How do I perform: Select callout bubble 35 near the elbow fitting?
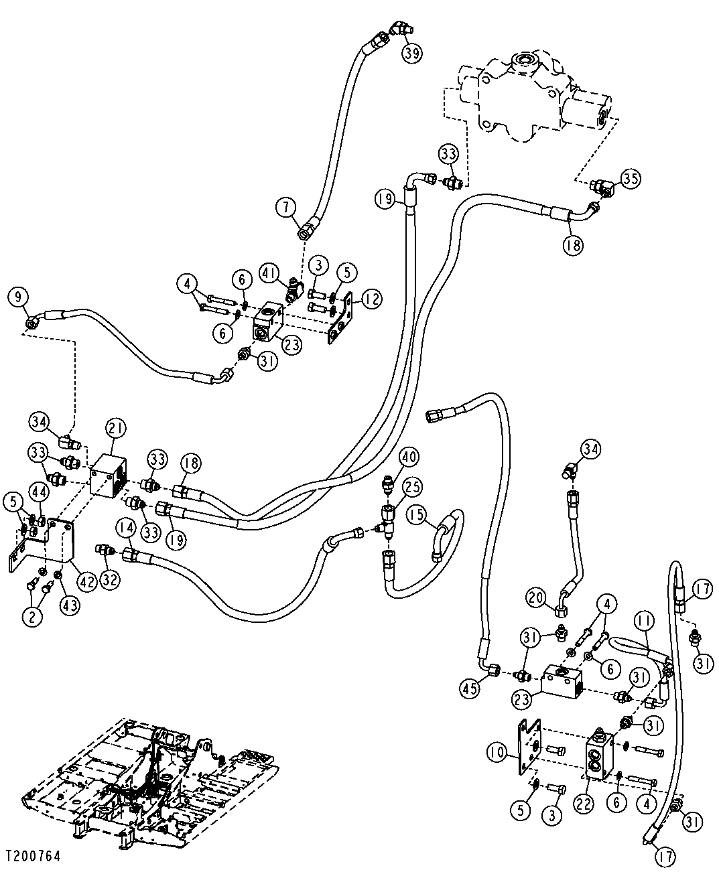[x=631, y=178]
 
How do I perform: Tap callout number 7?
[x=286, y=208]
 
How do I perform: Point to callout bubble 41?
[x=269, y=273]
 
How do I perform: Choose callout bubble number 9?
[x=18, y=296]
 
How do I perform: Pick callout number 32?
[x=110, y=579]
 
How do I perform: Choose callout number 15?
[x=416, y=515]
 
